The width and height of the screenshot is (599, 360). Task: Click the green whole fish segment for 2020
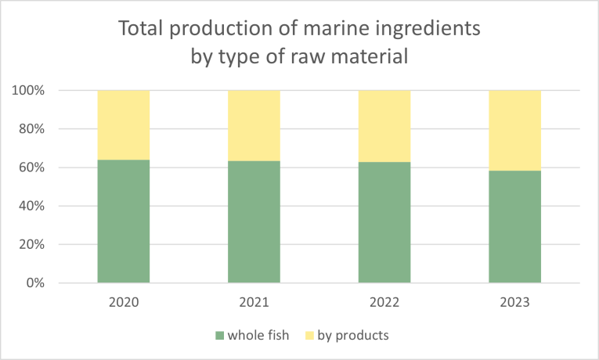click(x=123, y=221)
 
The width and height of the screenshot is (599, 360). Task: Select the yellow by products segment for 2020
click(x=123, y=124)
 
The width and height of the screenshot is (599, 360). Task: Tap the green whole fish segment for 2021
click(x=254, y=221)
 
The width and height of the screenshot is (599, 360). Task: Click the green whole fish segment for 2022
click(x=384, y=222)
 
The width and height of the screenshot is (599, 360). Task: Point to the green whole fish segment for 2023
click(x=514, y=226)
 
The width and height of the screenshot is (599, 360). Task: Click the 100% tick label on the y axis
click(x=27, y=91)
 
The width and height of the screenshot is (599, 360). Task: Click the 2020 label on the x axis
click(x=123, y=302)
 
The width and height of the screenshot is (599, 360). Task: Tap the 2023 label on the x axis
click(x=514, y=302)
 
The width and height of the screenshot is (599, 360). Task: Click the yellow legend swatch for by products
click(x=310, y=336)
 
